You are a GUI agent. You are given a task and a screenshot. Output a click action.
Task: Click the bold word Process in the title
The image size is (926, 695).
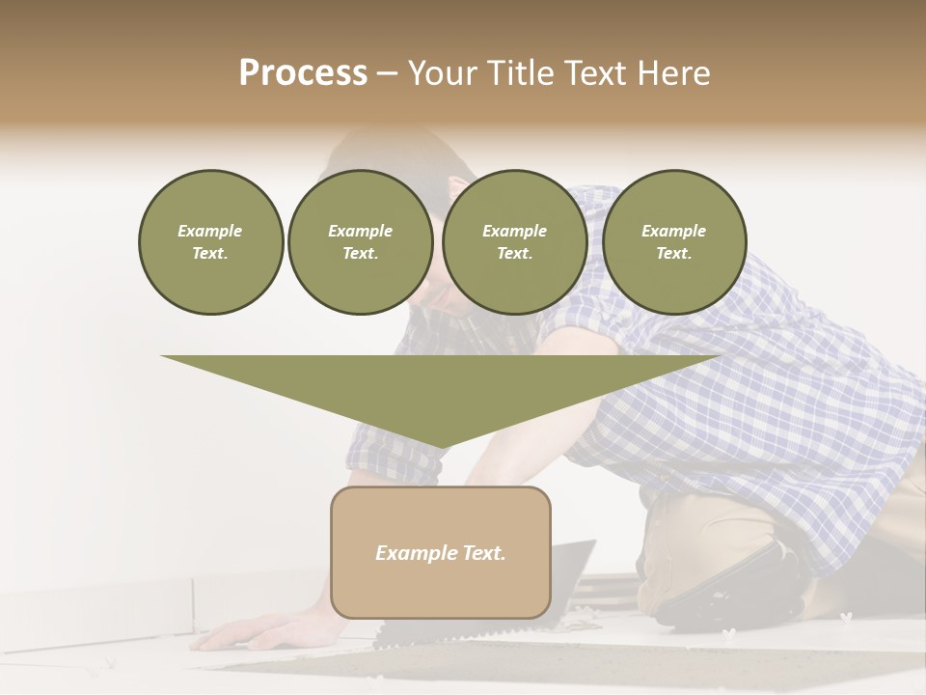(303, 73)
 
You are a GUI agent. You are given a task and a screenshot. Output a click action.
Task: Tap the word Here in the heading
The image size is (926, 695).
(673, 73)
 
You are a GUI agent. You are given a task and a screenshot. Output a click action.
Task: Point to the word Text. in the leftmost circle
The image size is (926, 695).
(210, 254)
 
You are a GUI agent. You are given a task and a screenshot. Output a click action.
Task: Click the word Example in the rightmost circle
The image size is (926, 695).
(673, 231)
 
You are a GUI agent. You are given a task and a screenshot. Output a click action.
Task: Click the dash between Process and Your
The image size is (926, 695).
(387, 73)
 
